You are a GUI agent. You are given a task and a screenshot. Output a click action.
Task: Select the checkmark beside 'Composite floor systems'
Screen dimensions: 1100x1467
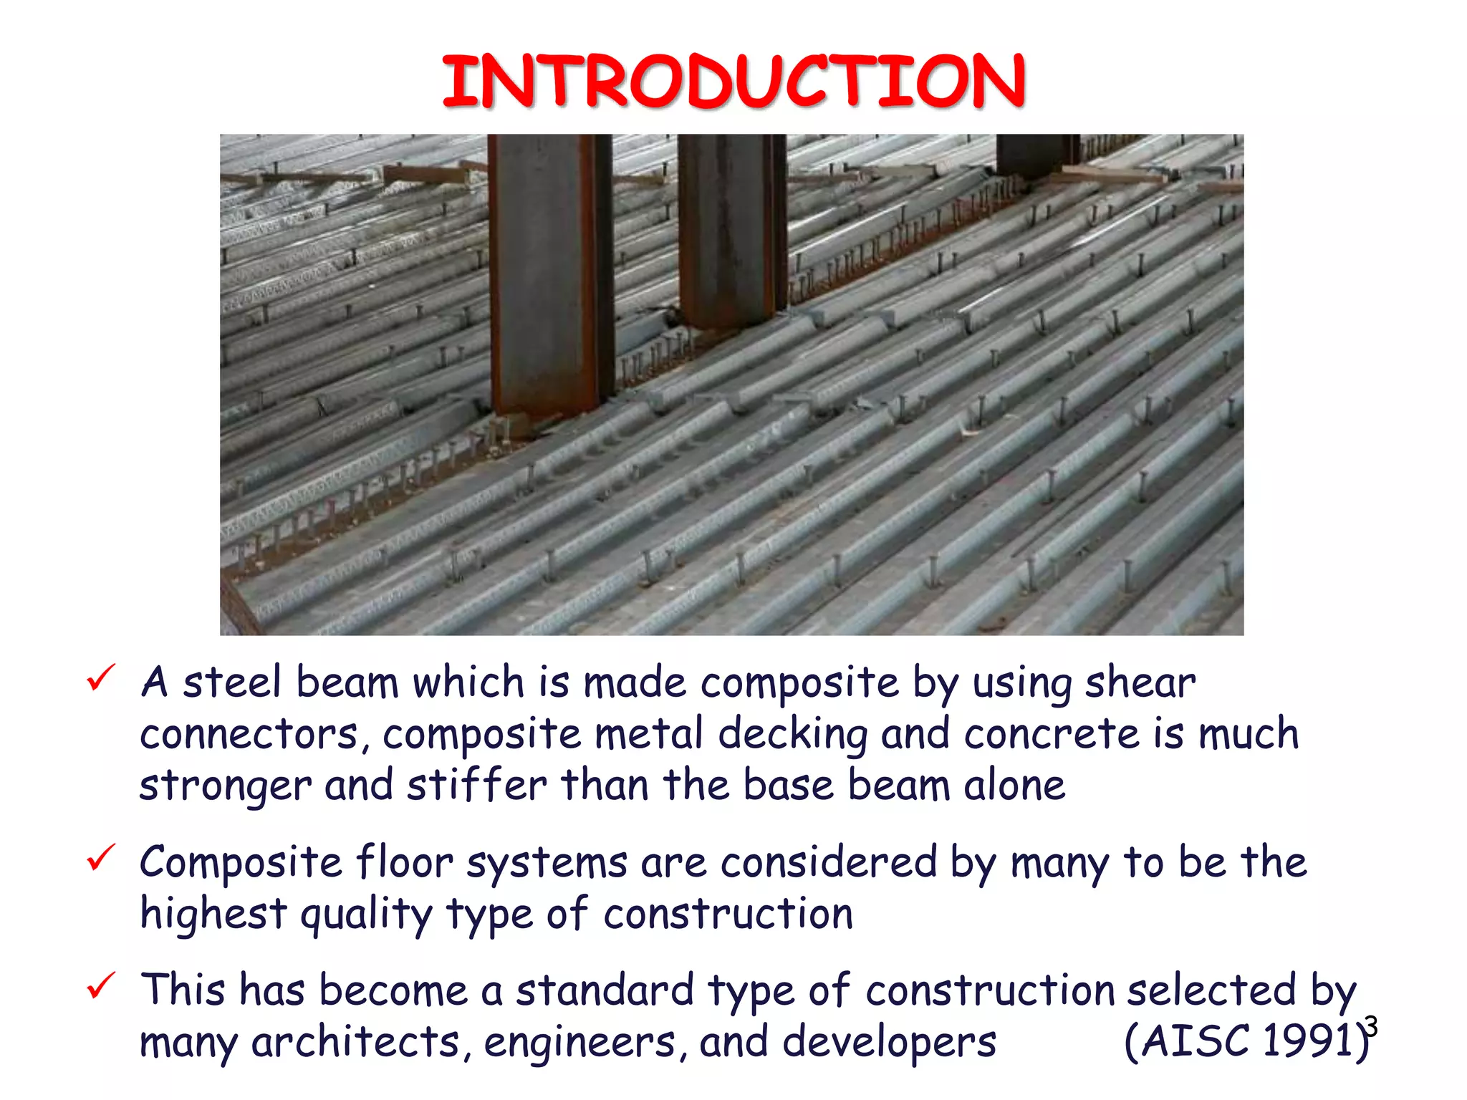click(100, 857)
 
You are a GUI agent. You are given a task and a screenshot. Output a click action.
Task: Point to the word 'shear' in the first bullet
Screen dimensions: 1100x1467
click(1140, 682)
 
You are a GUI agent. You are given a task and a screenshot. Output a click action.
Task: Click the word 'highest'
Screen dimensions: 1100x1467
click(213, 915)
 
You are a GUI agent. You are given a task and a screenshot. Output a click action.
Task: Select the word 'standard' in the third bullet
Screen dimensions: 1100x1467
click(605, 990)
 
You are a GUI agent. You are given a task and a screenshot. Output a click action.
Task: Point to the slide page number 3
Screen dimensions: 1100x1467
click(1370, 1026)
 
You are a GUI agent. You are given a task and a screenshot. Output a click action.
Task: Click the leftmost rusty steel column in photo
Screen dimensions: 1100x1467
click(548, 279)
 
